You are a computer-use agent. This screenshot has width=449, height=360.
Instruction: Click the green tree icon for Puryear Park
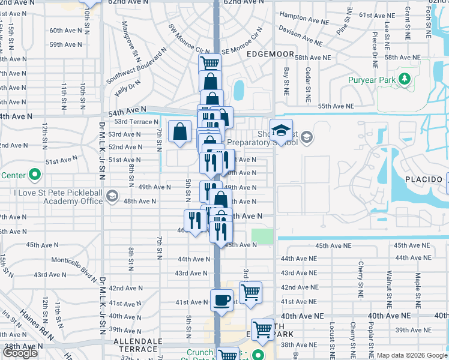[x=405, y=79]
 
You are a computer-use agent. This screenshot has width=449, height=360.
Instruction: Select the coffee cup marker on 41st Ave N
[x=221, y=299]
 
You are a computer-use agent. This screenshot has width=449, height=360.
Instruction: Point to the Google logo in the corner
[x=20, y=353]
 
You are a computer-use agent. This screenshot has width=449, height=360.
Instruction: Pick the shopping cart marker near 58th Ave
[x=209, y=63]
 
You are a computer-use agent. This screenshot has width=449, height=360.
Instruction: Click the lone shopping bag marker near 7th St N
[x=179, y=131]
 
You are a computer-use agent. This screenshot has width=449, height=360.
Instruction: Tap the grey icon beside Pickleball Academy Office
[x=112, y=196]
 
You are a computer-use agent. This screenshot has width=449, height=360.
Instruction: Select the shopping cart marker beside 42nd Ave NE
[x=250, y=292]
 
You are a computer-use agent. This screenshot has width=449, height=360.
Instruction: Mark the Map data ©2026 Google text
[x=412, y=355]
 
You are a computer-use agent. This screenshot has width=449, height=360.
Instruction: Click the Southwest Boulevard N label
[x=136, y=67]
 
